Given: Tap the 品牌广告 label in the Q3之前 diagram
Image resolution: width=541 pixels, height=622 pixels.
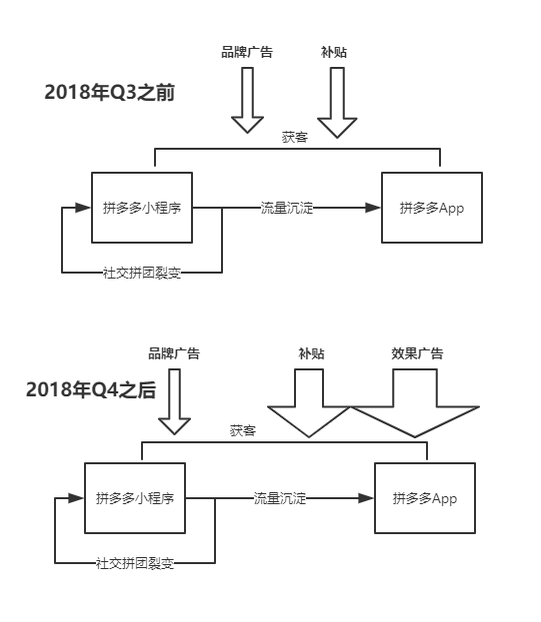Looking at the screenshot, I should coord(247,52).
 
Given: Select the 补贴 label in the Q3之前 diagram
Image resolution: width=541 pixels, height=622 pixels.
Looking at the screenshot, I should coord(334,52).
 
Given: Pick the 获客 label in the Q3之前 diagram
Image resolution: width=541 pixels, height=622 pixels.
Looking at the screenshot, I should coord(295,138).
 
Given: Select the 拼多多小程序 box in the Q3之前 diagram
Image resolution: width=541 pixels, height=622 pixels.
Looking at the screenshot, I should coord(142,208).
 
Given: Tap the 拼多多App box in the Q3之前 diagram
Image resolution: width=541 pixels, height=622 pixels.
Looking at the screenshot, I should coord(432,208).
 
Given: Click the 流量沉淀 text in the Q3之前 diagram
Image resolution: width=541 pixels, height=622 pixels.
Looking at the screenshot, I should coord(287,208).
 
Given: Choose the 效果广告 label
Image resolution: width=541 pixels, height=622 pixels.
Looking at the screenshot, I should coord(417,353).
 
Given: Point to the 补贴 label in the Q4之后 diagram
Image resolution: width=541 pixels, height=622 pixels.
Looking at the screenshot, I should coord(311,353).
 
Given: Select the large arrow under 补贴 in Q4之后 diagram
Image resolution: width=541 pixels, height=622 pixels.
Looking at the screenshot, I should coord(309,404).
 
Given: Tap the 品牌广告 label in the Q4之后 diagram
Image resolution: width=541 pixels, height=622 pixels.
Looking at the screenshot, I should coord(174,353).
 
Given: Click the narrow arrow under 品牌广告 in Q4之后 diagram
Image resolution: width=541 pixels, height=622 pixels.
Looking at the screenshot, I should coord(174,401).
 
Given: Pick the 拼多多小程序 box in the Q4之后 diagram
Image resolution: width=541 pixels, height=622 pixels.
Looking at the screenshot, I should coord(135,497).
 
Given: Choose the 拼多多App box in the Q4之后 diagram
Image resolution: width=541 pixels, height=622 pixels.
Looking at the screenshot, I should coord(425,497).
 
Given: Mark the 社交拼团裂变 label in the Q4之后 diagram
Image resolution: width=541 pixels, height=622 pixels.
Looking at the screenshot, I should coord(135,563).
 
